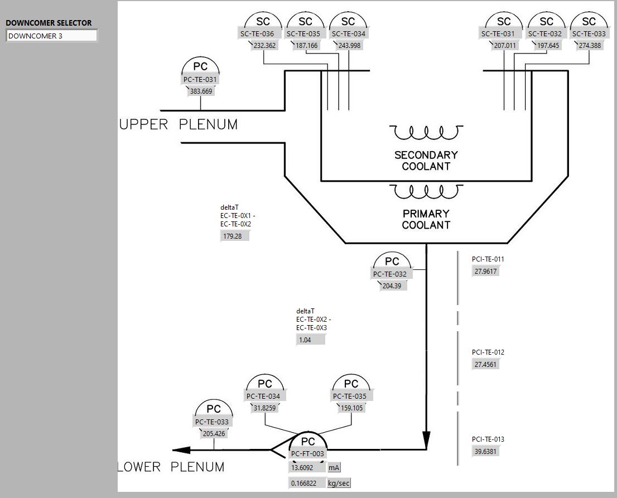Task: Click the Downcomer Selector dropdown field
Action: [51, 36]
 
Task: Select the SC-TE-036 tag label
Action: [257, 33]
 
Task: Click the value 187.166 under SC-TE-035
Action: [305, 46]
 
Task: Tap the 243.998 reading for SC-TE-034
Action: [349, 46]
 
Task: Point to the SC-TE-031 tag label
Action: [498, 33]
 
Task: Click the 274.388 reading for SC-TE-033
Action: [590, 46]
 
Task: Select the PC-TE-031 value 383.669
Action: [201, 91]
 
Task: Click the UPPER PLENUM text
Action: [179, 124]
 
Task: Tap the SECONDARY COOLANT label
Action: [426, 161]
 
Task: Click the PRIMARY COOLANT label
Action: [426, 219]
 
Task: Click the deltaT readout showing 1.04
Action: [310, 340]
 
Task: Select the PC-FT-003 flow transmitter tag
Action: [307, 454]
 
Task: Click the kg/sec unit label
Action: [339, 484]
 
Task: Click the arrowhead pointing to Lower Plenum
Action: [181, 449]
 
